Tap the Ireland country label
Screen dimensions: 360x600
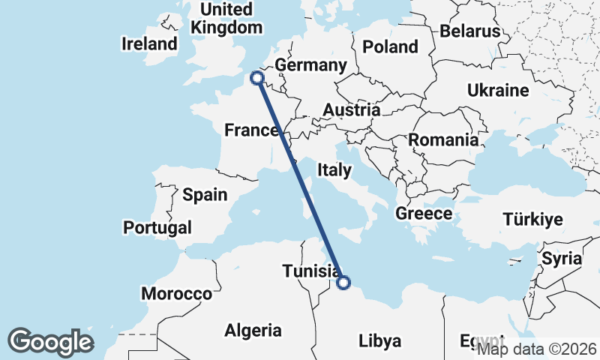coord(149,44)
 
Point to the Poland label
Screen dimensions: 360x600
coord(390,46)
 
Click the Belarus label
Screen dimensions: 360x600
coord(469,31)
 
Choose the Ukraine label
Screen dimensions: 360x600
coord(498,91)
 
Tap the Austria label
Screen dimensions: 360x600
coord(351,110)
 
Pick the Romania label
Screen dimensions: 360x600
coord(442,139)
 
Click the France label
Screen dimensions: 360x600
coord(252,130)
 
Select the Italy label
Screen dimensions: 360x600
coord(334,170)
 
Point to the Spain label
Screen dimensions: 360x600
coord(205,195)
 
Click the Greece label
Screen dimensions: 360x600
coord(424,214)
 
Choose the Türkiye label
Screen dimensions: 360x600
coord(532,220)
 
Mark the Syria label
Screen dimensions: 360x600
coord(562,259)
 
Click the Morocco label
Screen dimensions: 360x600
coord(176,293)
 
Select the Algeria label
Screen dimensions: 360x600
coord(253,330)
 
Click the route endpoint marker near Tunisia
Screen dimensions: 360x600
coord(343,283)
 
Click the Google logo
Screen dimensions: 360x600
coord(50,341)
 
